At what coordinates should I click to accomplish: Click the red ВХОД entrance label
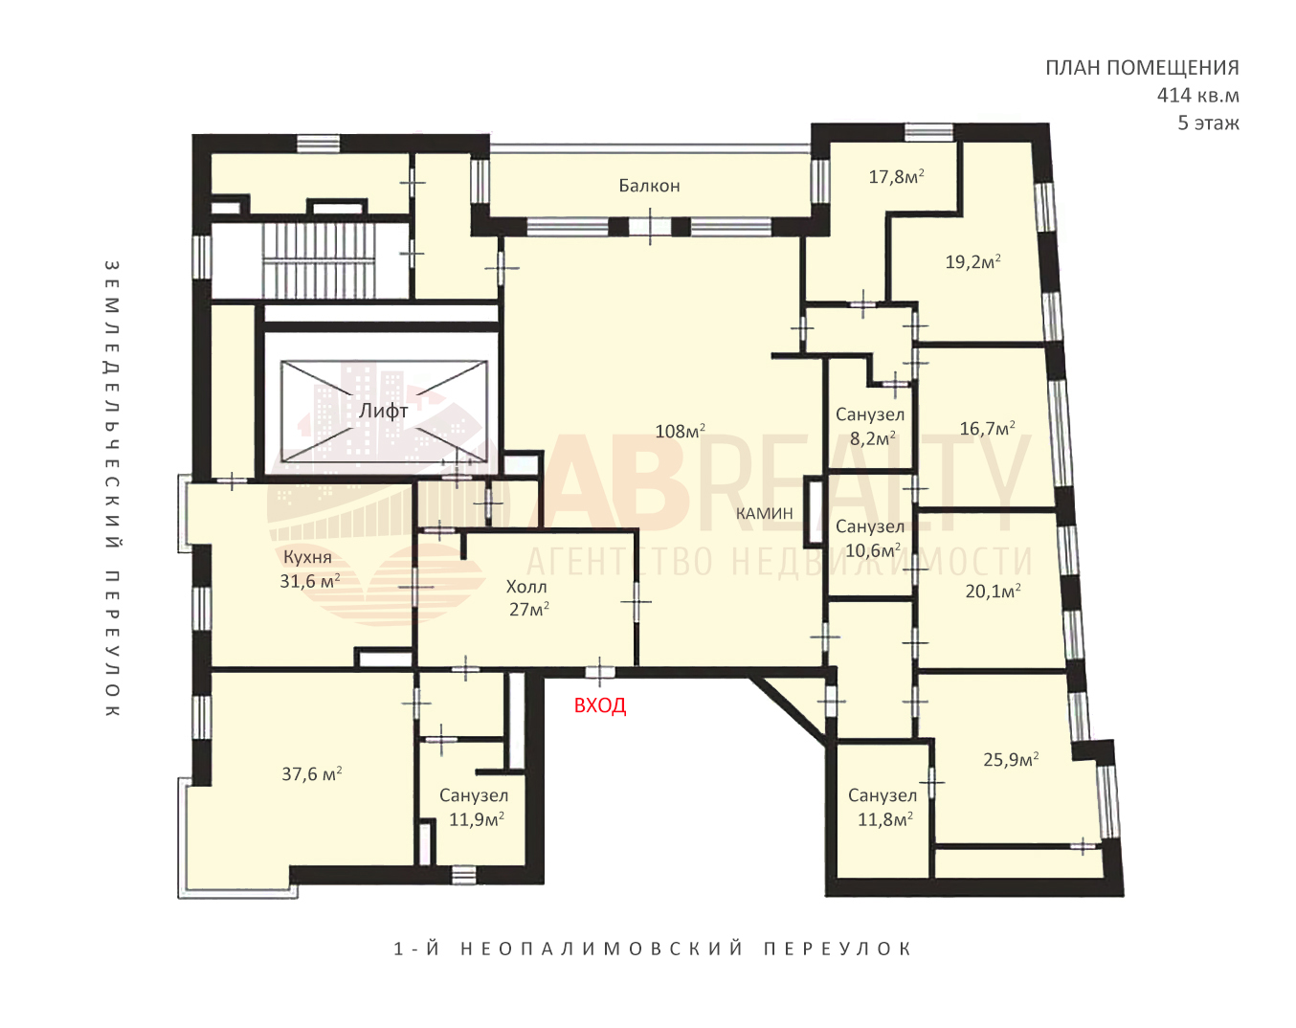click(600, 705)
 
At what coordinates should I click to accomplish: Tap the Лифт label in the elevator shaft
click(384, 412)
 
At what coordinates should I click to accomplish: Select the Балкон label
click(649, 186)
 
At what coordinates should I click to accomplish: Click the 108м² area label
click(680, 431)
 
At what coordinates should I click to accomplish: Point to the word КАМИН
click(764, 513)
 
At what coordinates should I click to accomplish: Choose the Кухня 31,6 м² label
click(309, 569)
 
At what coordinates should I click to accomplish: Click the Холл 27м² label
click(528, 598)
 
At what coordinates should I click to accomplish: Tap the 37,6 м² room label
click(312, 773)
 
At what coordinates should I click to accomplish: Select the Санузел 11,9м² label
click(475, 807)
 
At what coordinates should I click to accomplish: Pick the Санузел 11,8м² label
click(883, 807)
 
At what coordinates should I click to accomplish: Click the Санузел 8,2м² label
click(870, 426)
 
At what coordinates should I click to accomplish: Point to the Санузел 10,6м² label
click(870, 538)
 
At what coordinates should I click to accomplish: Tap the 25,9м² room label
click(1011, 759)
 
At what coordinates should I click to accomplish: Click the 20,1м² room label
click(994, 592)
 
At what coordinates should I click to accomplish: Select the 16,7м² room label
click(988, 428)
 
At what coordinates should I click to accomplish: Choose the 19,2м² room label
click(973, 262)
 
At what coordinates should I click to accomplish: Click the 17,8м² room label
click(897, 176)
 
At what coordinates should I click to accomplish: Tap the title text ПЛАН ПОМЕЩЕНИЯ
click(1143, 68)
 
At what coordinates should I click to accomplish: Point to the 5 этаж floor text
click(1209, 123)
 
